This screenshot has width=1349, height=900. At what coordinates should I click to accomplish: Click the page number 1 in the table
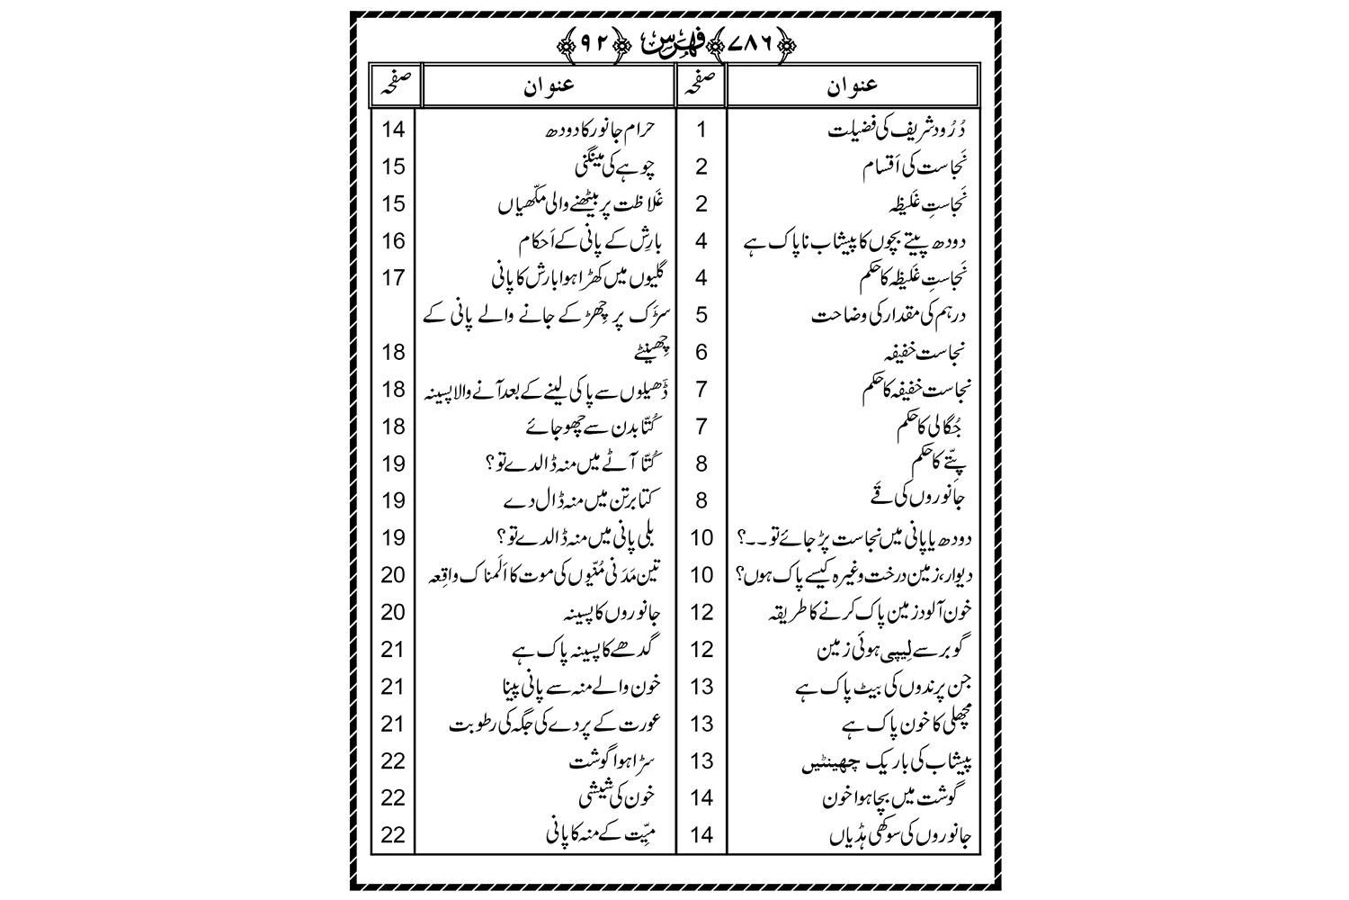pyautogui.click(x=701, y=130)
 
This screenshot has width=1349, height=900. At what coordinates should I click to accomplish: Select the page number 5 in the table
pyautogui.click(x=701, y=315)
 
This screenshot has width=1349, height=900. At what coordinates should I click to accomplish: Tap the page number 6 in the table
pyautogui.click(x=701, y=352)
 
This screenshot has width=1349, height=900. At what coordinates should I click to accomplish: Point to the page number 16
pyautogui.click(x=393, y=241)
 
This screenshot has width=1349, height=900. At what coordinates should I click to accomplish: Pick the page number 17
pyautogui.click(x=393, y=278)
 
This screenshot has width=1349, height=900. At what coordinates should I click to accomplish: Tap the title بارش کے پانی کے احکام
pyautogui.click(x=592, y=241)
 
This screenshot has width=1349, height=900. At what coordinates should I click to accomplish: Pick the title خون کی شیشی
pyautogui.click(x=620, y=798)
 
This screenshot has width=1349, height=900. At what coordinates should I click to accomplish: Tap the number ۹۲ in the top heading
pyautogui.click(x=579, y=42)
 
